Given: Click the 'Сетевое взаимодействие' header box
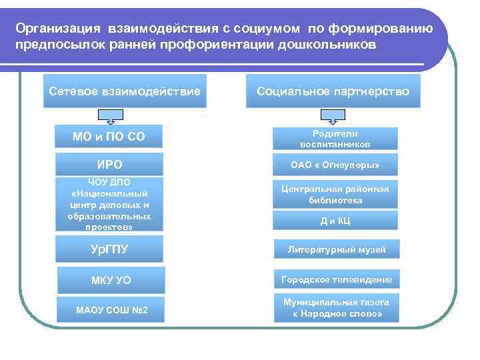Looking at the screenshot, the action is pos(125,91).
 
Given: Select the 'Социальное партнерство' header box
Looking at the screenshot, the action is pos(333,91).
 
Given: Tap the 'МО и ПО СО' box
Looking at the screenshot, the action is pos(109,138).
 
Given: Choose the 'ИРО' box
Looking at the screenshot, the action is pos(109,164).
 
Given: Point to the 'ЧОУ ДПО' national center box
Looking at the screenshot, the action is pos(109,204).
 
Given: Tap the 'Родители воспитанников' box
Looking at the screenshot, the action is pos(335,138).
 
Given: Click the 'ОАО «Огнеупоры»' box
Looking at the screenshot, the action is pos(335,165).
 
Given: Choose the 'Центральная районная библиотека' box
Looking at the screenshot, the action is pos(335,194).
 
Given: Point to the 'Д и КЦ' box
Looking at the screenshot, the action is pos(335,221).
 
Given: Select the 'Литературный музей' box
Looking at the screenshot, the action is pos(336,249).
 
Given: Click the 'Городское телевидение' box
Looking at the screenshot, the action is pos(336,279).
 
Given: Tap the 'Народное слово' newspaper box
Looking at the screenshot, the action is pos(336,307).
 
